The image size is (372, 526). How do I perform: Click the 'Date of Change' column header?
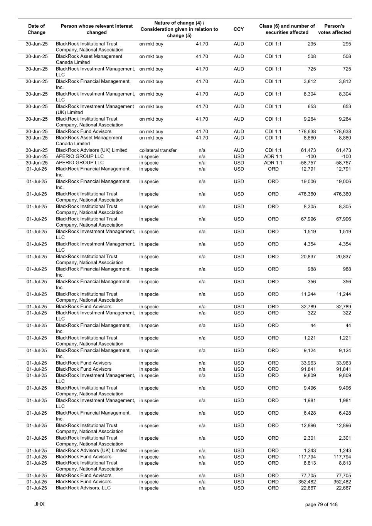click(x=37, y=29)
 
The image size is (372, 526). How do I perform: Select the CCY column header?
click(x=239, y=29)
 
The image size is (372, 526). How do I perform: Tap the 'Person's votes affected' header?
click(x=334, y=29)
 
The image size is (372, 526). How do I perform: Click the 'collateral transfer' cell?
click(x=158, y=150)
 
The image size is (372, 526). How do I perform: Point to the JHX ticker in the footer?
click(x=39, y=504)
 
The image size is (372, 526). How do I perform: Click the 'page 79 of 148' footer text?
click(x=321, y=504)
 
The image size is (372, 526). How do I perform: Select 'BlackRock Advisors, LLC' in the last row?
click(x=83, y=488)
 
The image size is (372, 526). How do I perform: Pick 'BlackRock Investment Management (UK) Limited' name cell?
click(x=95, y=109)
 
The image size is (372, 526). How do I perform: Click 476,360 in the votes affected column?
click(x=342, y=194)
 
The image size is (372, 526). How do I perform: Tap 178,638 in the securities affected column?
click(x=307, y=132)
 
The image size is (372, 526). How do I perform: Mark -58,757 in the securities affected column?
click(x=307, y=163)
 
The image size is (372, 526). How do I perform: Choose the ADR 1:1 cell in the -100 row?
click(x=273, y=156)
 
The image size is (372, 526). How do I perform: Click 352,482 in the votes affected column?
click(x=342, y=482)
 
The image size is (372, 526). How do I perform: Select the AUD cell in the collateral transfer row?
click(x=239, y=150)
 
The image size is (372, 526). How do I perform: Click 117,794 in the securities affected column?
click(x=307, y=457)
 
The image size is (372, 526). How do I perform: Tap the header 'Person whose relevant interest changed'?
click(x=97, y=29)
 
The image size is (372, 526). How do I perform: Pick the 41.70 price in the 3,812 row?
click(x=202, y=82)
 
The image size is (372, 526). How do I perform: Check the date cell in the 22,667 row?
click(x=37, y=488)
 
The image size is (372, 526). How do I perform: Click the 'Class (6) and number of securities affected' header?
click(x=287, y=29)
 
